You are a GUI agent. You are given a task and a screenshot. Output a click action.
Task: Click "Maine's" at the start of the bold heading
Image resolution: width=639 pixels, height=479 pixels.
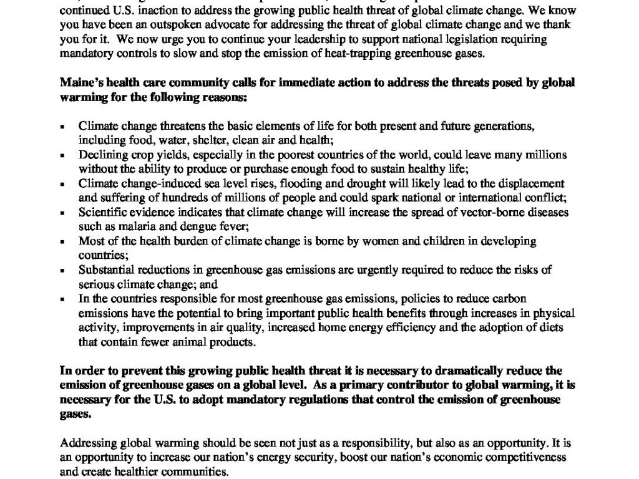tap(78, 83)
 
